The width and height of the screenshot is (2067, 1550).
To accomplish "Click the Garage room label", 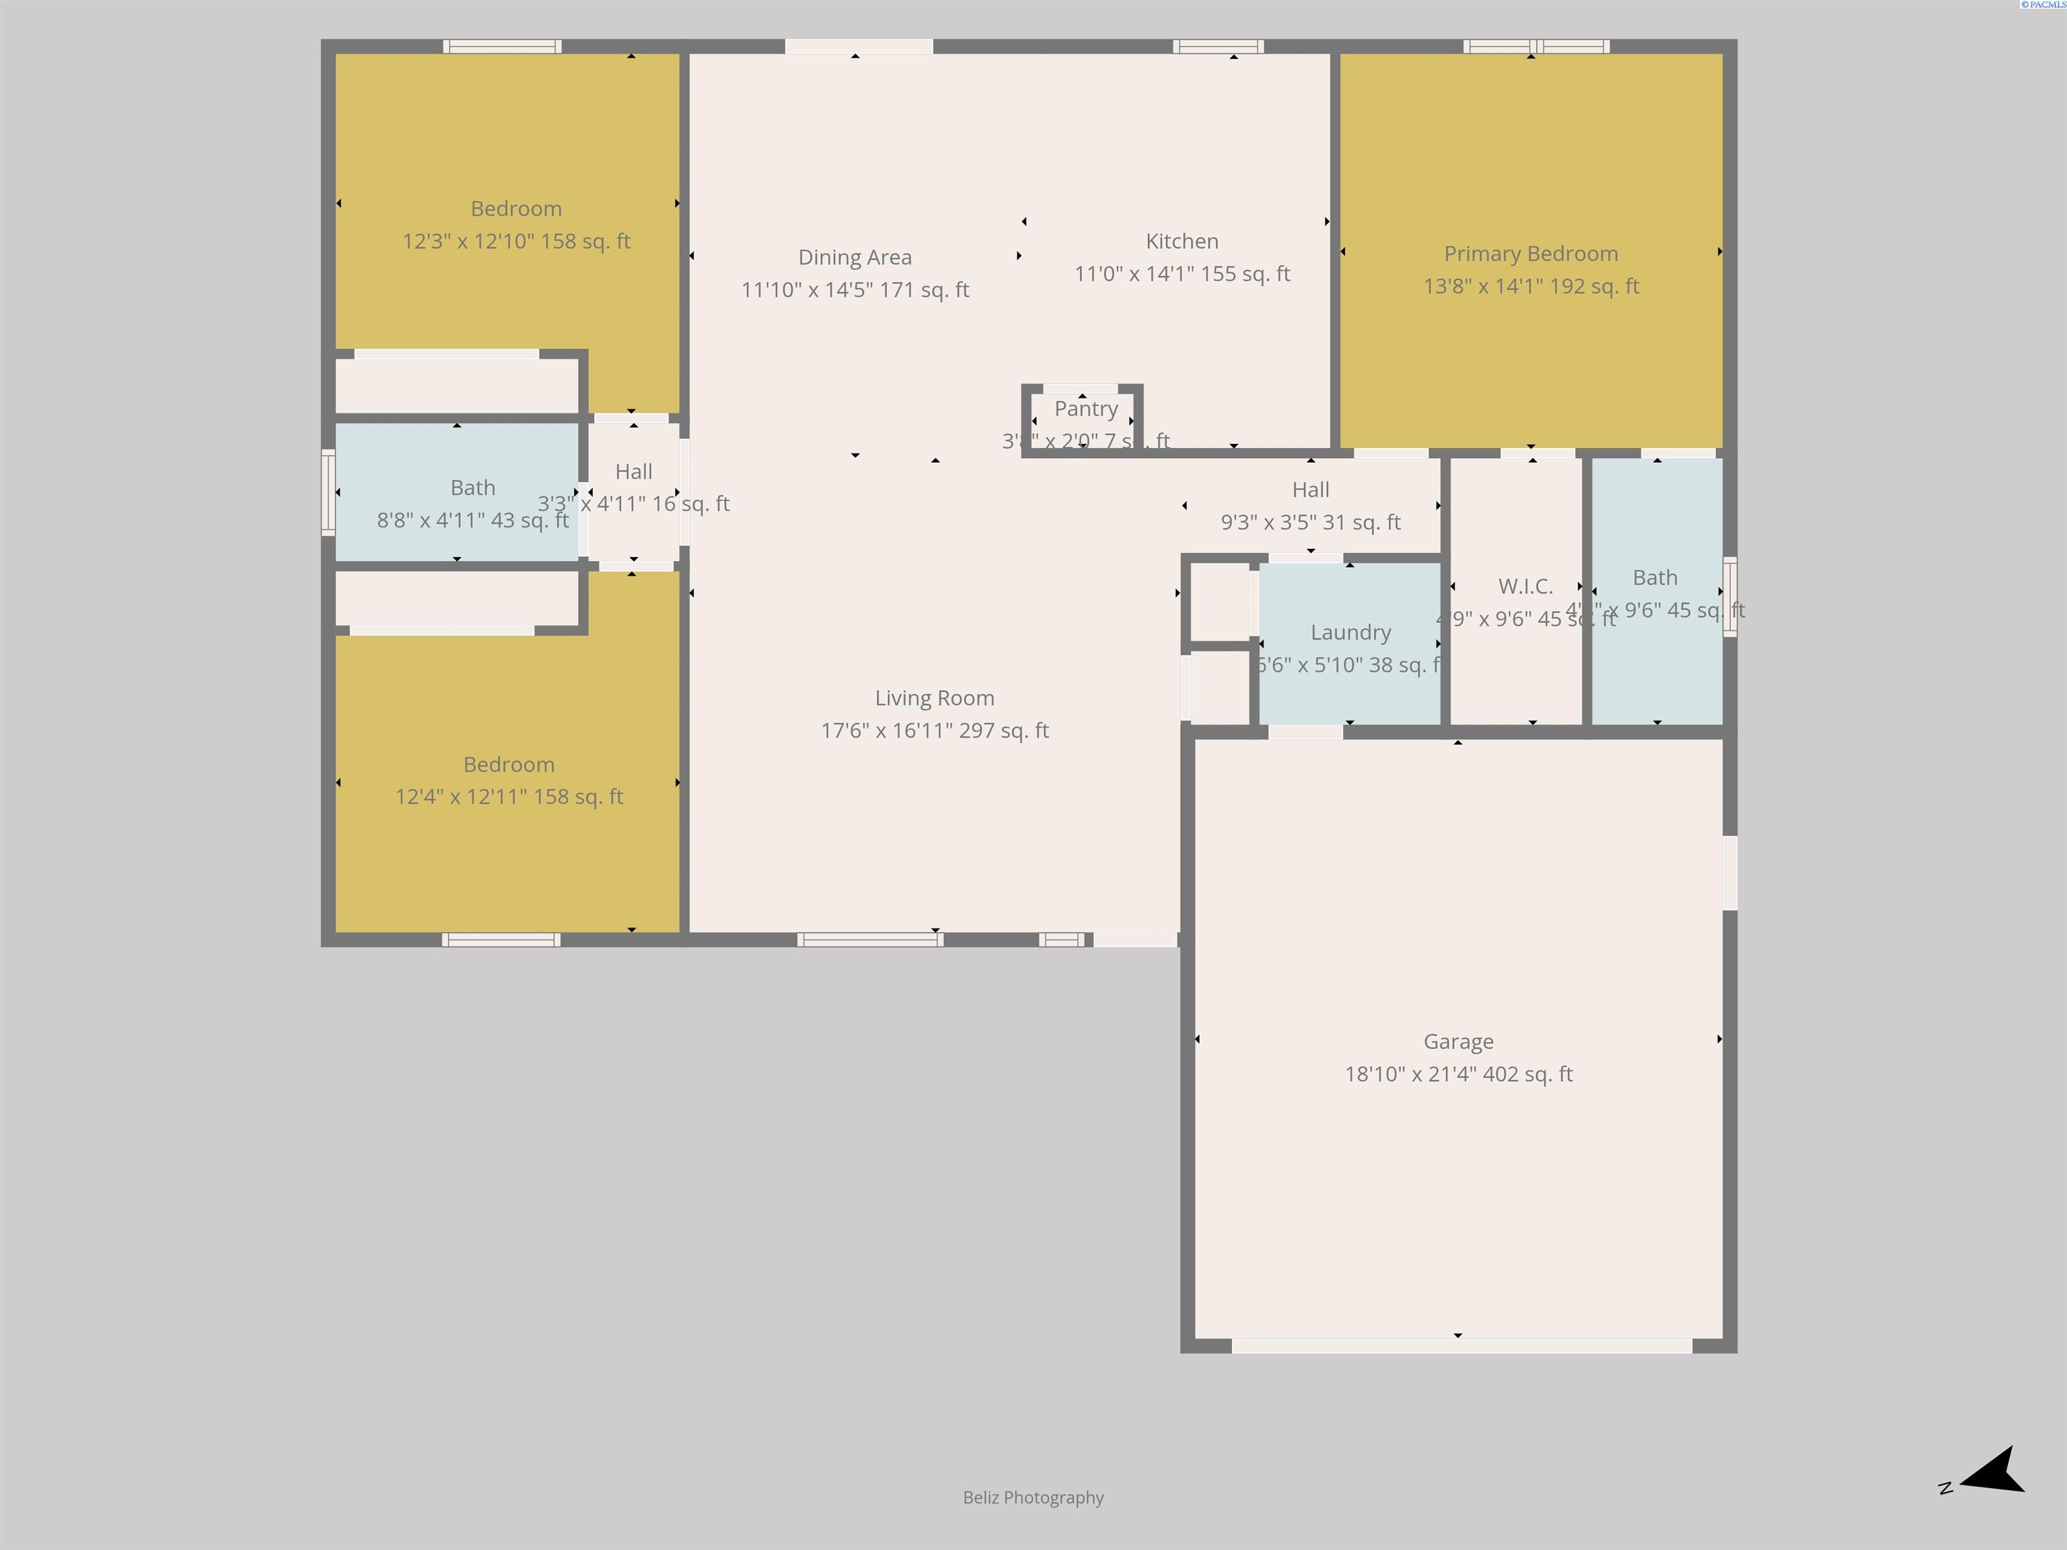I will (x=1458, y=1041).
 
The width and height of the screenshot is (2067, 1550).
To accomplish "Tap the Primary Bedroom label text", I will (x=1531, y=253).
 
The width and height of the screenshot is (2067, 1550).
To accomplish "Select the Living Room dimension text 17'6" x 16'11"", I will (x=935, y=731).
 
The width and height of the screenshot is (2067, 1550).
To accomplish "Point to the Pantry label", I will (x=1086, y=408).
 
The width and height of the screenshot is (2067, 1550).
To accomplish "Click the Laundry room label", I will (x=1350, y=632).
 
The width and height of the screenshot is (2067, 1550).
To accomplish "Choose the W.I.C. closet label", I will (x=1525, y=586).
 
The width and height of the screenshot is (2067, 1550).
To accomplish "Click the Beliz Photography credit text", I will (x=1033, y=1497).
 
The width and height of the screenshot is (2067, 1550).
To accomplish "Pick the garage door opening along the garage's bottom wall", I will (x=1461, y=1345).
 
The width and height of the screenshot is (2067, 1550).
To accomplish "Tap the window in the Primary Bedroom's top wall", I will (x=1535, y=46).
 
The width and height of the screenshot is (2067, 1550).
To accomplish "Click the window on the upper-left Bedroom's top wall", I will (x=502, y=46).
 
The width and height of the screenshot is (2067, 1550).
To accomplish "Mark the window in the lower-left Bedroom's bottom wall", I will (x=501, y=940).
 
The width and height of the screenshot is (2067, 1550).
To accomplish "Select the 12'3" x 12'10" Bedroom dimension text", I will (x=516, y=241).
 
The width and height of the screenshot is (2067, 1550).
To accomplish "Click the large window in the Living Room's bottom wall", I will (x=870, y=940).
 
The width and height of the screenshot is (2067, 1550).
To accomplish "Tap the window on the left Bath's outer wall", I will (x=328, y=492).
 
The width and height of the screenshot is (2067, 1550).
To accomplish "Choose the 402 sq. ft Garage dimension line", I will (x=1458, y=1074).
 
